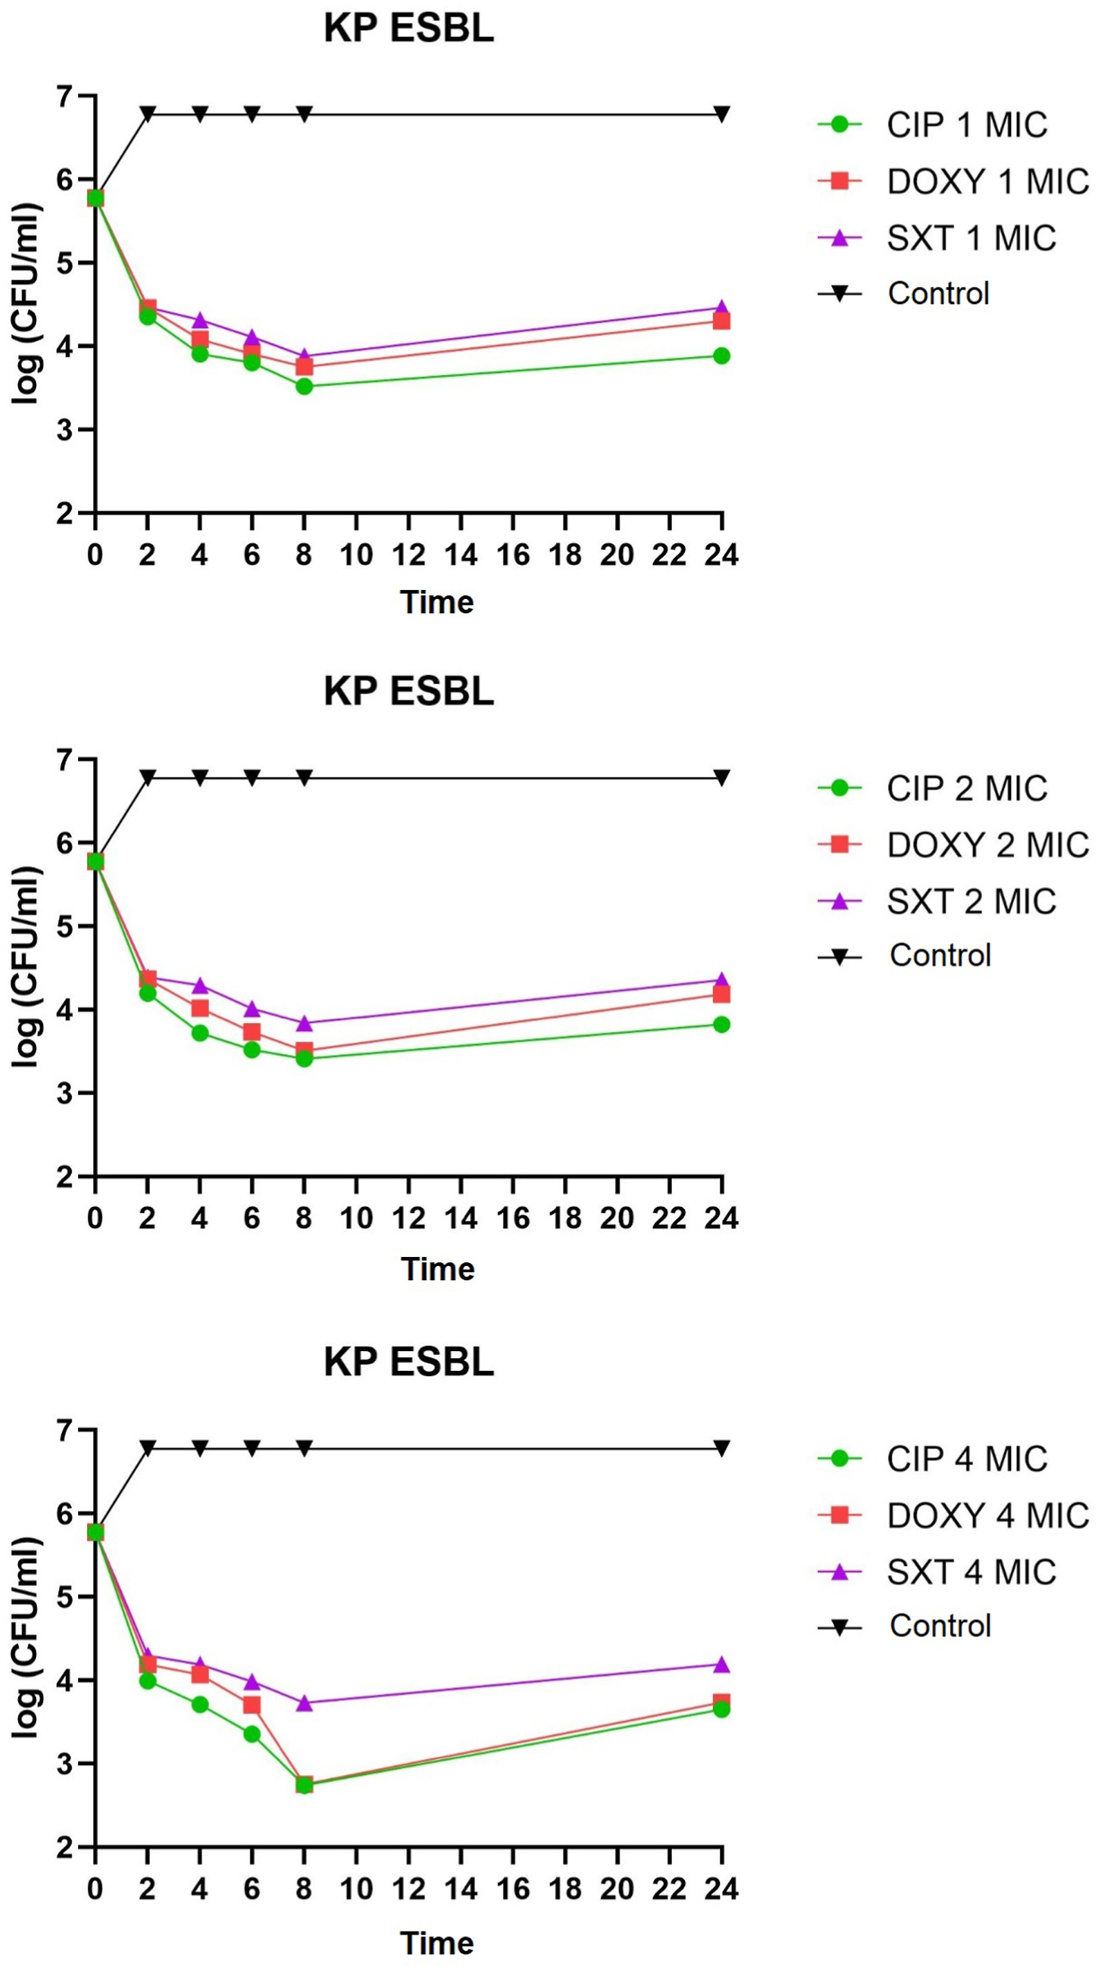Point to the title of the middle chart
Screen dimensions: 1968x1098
(409, 691)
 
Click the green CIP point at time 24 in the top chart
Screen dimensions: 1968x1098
(722, 356)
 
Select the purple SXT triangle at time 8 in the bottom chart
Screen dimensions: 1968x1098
(304, 1704)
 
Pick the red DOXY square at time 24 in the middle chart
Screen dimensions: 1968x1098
(722, 994)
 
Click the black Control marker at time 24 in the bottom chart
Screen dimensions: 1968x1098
(722, 1448)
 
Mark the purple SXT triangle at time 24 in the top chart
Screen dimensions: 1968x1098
(722, 307)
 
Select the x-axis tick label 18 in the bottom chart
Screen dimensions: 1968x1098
(565, 1889)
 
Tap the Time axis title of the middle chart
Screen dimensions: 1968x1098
(437, 1269)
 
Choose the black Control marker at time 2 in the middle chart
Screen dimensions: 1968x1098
(147, 778)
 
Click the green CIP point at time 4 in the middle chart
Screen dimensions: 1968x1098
(199, 1034)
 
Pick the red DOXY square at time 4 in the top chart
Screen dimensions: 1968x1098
(199, 339)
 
